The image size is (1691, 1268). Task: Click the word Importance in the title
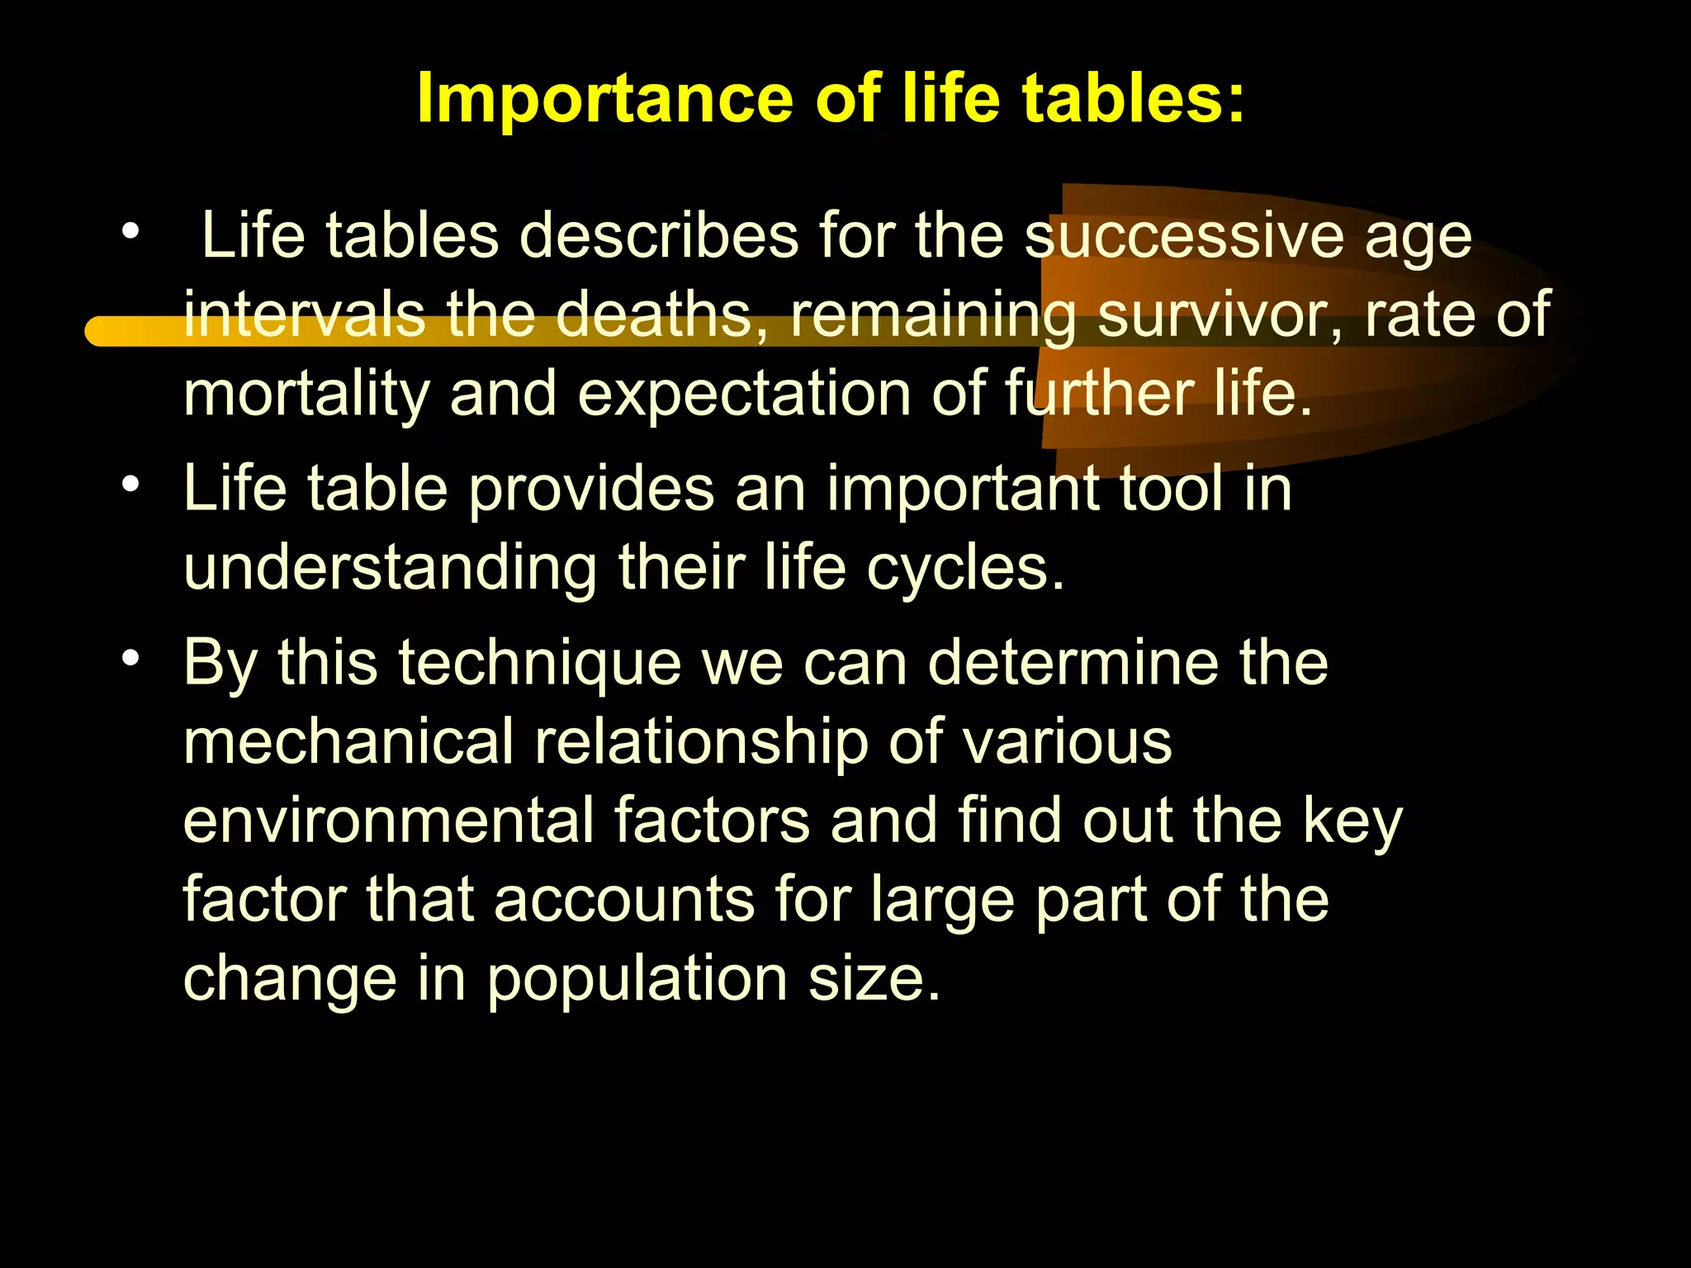607,99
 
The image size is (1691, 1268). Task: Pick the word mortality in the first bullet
306,395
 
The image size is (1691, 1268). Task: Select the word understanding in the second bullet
390,569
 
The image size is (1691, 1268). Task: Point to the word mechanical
348,741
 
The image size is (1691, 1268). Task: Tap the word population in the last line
637,980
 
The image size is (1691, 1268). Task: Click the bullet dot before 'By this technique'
130,659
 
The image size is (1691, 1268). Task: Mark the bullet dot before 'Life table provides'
130,485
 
